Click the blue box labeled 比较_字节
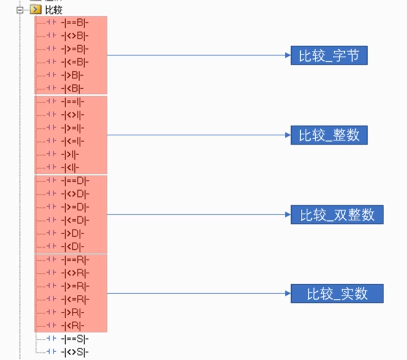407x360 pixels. tap(329, 55)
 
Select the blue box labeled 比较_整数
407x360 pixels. tap(329, 135)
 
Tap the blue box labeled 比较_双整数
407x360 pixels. tap(337, 215)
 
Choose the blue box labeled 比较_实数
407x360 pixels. tap(337, 294)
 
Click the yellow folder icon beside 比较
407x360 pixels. tap(35, 10)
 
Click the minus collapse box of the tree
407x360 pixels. tap(20, 10)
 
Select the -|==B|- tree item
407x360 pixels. tap(75, 23)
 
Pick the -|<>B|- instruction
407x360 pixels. tap(75, 36)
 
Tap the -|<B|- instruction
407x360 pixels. tap(72, 89)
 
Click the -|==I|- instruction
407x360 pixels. tap(73, 102)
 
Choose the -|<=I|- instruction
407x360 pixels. tap(73, 141)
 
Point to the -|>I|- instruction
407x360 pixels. tap(70, 155)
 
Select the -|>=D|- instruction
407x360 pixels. tap(75, 207)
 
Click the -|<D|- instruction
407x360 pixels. tap(73, 246)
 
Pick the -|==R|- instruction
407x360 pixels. tap(75, 260)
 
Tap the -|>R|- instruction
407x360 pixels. tap(73, 312)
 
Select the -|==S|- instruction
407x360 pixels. tap(75, 339)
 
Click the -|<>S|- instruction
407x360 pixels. tap(75, 352)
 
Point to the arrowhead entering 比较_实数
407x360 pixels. tap(288, 294)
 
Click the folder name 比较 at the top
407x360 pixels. tap(54, 10)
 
